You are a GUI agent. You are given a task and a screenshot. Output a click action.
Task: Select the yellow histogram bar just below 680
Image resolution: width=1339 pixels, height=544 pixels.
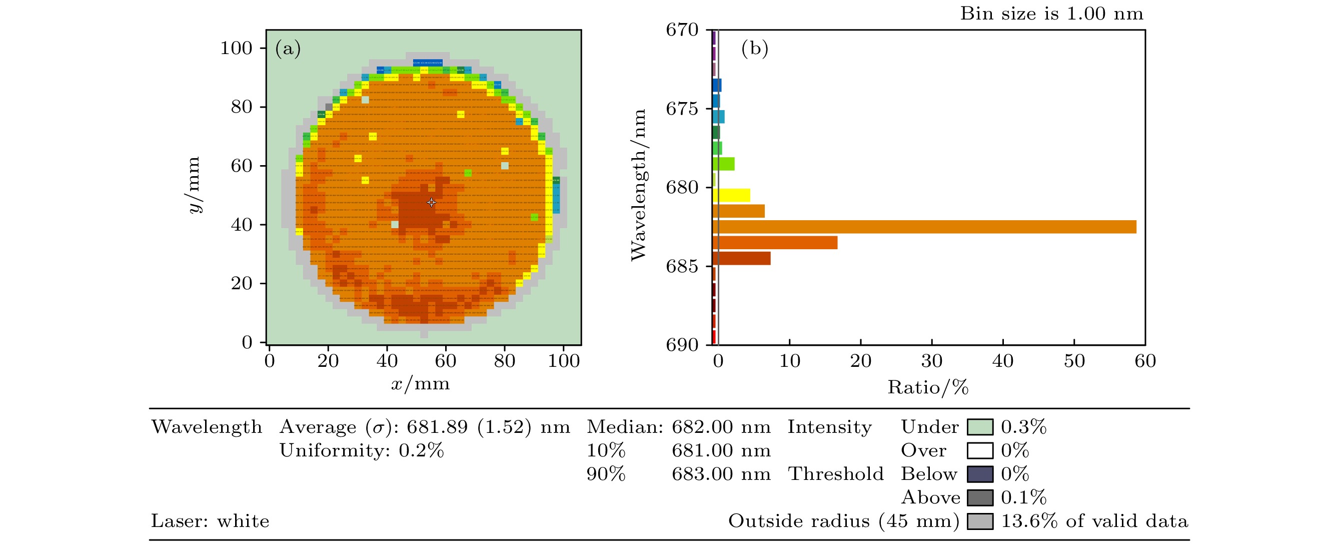pos(731,196)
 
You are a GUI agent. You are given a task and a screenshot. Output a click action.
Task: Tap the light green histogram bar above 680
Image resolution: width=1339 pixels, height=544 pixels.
pos(724,164)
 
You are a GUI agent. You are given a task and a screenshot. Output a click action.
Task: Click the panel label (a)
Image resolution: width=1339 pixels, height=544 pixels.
pos(288,49)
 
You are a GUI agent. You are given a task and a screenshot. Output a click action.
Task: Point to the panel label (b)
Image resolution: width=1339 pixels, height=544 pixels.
pos(754,49)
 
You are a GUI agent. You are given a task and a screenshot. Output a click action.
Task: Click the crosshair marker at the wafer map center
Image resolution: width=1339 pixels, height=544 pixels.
pos(431,202)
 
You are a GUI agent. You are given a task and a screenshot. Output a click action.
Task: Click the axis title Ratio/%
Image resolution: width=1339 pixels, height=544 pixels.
pos(928,387)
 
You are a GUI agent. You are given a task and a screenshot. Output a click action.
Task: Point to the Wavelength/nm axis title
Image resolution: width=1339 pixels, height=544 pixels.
pos(638,185)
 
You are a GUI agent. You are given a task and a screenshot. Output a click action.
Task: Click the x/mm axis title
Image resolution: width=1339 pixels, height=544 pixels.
pos(420,384)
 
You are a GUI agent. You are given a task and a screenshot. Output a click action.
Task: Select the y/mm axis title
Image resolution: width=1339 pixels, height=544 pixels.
pos(194,185)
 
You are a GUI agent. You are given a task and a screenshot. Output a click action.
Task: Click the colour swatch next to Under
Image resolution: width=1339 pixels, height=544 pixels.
pos(980,427)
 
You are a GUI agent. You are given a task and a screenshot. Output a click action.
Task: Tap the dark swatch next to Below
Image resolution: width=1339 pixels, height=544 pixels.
pos(980,474)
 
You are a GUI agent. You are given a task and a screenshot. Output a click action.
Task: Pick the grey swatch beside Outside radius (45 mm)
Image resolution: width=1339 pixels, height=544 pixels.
pos(980,521)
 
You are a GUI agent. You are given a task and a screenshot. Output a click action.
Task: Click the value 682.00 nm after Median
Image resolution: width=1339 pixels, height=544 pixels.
pos(721,427)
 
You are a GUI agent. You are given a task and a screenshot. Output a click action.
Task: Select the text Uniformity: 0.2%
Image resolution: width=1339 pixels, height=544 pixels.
pos(362,450)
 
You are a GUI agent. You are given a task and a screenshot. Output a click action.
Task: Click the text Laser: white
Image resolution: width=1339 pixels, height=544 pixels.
pos(210,521)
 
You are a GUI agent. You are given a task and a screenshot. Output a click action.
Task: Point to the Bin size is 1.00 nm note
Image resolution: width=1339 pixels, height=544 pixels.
pos(1051,14)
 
